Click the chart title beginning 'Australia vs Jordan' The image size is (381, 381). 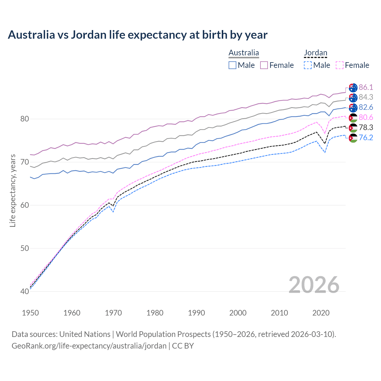(138, 35)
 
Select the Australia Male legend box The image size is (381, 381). (232, 65)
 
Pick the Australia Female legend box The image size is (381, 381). (264, 65)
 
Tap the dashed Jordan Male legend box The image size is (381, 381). (308, 65)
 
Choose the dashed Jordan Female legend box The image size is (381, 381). (340, 65)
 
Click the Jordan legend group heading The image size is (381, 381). (316, 53)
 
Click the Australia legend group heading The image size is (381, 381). (244, 53)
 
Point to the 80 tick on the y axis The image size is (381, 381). (24, 119)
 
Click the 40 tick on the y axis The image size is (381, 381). (24, 291)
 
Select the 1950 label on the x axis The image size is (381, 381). (30, 313)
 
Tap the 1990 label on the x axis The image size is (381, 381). (196, 313)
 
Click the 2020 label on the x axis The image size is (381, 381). (321, 313)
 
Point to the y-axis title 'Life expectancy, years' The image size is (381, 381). (13, 190)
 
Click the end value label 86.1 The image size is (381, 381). (366, 87)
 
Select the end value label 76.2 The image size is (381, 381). (366, 138)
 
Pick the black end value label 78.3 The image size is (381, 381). (366, 127)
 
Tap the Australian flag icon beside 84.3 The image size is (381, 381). (353, 98)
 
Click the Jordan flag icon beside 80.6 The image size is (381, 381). (353, 118)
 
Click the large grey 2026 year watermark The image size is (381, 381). (314, 285)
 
